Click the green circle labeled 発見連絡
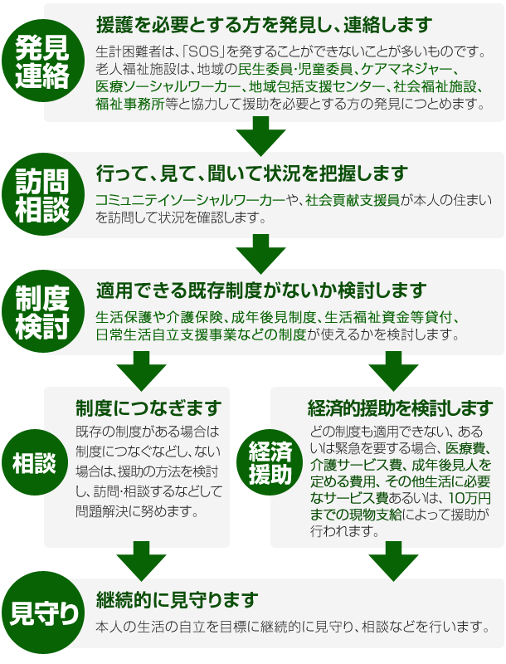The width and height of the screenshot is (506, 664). pos(42,62)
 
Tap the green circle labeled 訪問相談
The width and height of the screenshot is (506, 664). pos(42,196)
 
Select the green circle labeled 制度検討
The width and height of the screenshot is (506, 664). pos(42,312)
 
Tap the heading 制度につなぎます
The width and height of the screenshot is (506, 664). pos(148,408)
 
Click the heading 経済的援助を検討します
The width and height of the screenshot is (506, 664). pos(388,408)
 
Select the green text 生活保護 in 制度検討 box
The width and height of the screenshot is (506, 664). pos(121,317)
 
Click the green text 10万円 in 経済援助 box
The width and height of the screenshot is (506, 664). pos(468,498)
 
